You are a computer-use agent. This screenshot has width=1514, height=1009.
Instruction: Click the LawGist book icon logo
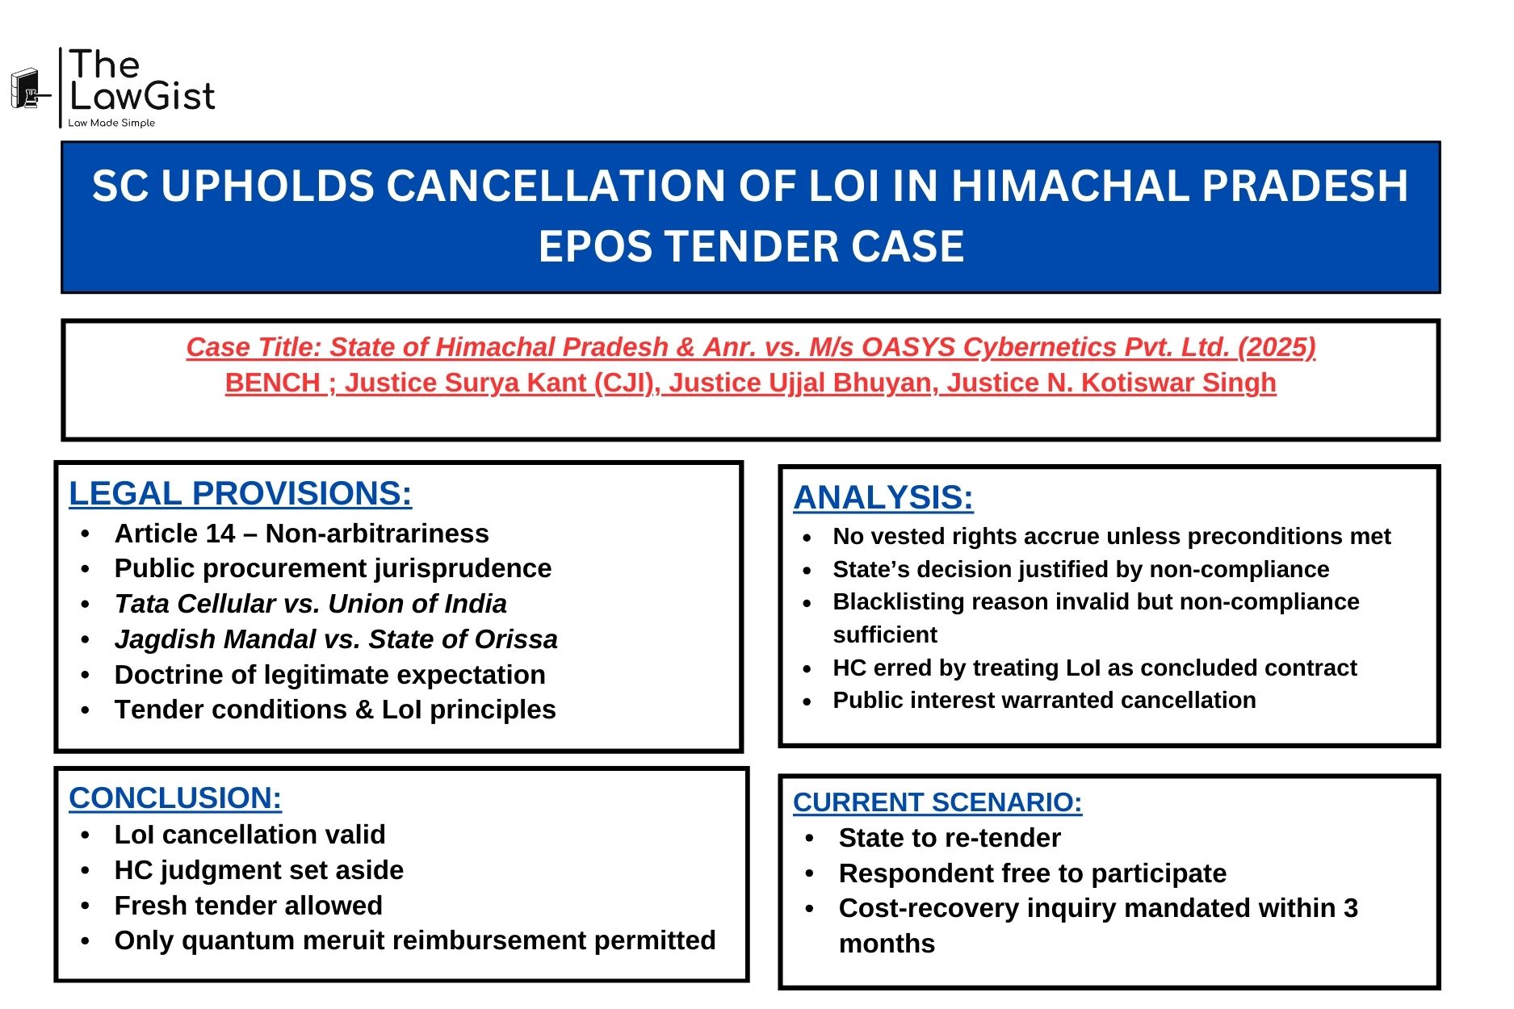click(x=27, y=89)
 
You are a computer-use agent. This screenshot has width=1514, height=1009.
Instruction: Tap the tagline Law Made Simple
click(x=111, y=124)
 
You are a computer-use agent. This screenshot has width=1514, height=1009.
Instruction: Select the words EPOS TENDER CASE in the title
click(x=751, y=247)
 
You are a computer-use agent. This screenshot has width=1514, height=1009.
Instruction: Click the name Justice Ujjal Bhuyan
click(x=799, y=383)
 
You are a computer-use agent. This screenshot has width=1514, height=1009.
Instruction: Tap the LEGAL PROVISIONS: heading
click(x=240, y=494)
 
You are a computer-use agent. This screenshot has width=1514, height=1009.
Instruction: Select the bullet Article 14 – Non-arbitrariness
click(x=301, y=534)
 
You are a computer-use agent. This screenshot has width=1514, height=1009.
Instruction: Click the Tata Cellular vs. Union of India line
click(x=310, y=604)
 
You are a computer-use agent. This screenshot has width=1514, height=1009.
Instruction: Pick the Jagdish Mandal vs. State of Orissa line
click(x=335, y=639)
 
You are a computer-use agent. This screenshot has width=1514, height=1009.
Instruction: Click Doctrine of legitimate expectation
click(x=329, y=675)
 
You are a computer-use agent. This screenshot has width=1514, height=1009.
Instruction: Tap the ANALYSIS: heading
click(x=883, y=498)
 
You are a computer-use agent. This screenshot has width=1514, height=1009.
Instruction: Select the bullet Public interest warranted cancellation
click(x=1043, y=701)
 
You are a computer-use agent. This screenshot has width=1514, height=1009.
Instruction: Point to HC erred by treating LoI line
click(x=1094, y=668)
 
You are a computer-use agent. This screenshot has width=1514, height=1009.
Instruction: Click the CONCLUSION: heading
click(x=175, y=798)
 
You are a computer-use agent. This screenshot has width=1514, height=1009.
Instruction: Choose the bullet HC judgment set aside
click(x=258, y=870)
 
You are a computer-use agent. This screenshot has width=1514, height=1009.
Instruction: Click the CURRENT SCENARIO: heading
click(x=937, y=802)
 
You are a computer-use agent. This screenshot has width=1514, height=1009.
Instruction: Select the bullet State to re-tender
click(x=949, y=839)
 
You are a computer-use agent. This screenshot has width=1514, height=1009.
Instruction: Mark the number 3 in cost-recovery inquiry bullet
click(x=1350, y=909)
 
